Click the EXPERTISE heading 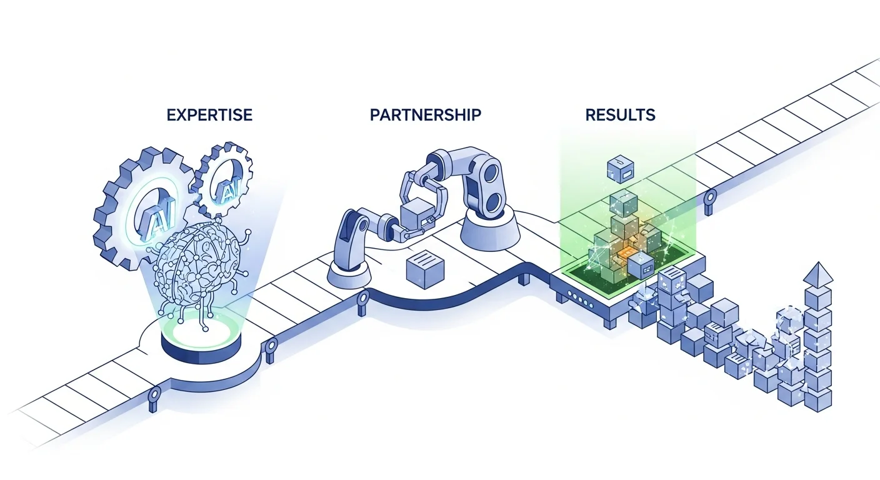coord(210,115)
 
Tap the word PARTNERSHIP coord(426,115)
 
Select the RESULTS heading coord(620,115)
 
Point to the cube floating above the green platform coord(621,167)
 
